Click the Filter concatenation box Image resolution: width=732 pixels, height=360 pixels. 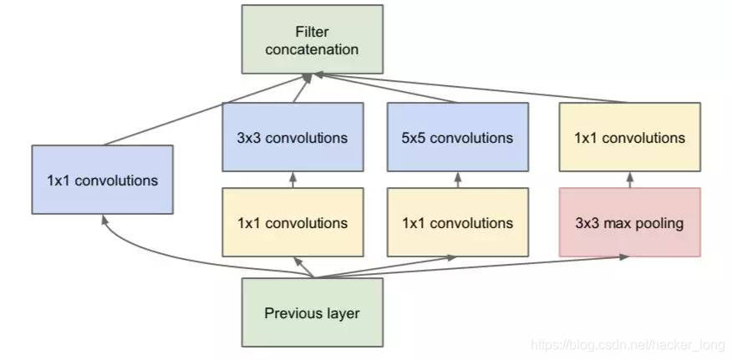312,38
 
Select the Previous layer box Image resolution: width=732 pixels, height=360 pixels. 312,313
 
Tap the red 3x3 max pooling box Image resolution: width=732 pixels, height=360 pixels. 629,223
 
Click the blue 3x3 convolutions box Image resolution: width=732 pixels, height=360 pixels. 292,137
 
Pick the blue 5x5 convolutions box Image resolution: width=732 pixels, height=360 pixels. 457,137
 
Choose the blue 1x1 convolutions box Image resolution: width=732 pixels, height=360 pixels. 102,180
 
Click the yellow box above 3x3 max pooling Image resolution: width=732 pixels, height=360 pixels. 629,137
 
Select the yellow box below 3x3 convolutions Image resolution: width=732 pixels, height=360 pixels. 292,223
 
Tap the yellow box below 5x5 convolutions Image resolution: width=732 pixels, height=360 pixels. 457,223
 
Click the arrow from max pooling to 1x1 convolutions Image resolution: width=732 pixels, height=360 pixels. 629,180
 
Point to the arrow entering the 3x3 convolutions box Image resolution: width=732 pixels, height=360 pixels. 292,180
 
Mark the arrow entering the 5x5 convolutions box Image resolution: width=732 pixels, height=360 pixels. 457,180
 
